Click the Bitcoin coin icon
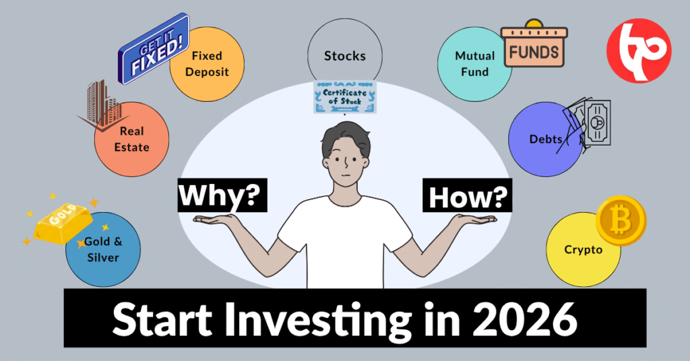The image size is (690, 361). [x=621, y=220]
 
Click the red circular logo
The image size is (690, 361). [x=639, y=51]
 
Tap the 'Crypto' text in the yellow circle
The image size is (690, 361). [x=583, y=250]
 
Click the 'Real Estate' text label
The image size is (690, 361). [x=132, y=139]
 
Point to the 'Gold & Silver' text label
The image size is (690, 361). [x=102, y=250]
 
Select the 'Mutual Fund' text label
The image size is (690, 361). [x=475, y=63]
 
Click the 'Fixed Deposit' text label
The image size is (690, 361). [x=210, y=63]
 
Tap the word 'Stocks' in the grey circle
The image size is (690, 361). [x=345, y=56]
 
